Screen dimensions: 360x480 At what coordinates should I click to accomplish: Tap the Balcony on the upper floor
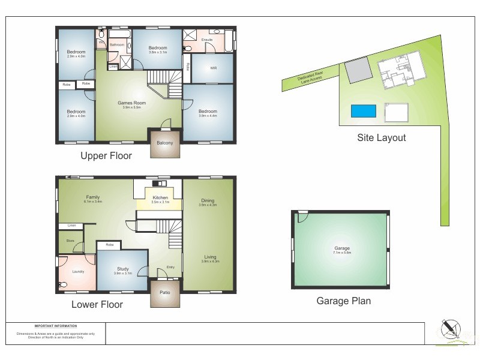coord(165,143)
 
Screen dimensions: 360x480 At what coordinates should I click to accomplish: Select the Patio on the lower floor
coord(165,293)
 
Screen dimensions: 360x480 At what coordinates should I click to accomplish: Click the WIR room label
coord(214,68)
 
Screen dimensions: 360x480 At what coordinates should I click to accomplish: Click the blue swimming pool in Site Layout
coord(364,111)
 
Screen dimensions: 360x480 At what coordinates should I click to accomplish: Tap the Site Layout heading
coord(382,138)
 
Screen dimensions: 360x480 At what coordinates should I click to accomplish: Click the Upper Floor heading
coord(106,156)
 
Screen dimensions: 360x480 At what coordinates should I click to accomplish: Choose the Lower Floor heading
coord(97,305)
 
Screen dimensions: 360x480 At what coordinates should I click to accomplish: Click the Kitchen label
coord(160,197)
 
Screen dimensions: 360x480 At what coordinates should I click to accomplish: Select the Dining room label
coord(208,201)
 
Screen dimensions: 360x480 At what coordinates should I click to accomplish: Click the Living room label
coord(209,257)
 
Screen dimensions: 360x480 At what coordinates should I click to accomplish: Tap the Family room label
coord(93,197)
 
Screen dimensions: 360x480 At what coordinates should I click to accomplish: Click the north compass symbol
coord(448,329)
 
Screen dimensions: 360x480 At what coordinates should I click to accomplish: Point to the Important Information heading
coord(56,326)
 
